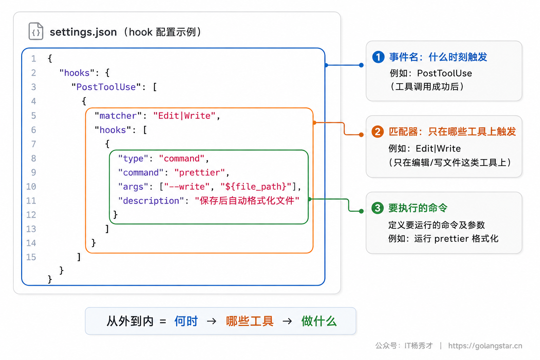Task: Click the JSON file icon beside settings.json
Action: pyautogui.click(x=36, y=31)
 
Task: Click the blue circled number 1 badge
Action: pyautogui.click(x=378, y=57)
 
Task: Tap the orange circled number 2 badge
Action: pyautogui.click(x=378, y=131)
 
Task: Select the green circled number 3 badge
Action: pyautogui.click(x=378, y=208)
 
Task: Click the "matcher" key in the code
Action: pyautogui.click(x=118, y=116)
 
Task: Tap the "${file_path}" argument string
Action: pyautogui.click(x=256, y=186)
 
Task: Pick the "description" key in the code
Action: pyautogui.click(x=151, y=201)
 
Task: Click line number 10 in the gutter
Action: pyautogui.click(x=31, y=186)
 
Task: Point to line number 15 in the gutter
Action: pyautogui.click(x=31, y=257)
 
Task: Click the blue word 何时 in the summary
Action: pyautogui.click(x=186, y=321)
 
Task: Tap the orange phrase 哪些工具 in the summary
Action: pyautogui.click(x=250, y=321)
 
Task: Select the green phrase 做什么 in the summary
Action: pyautogui.click(x=319, y=321)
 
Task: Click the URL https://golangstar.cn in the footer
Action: pyautogui.click(x=485, y=346)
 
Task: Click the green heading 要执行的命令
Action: pyautogui.click(x=418, y=208)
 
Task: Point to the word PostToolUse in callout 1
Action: pyautogui.click(x=444, y=73)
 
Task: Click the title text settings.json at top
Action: pyautogui.click(x=83, y=32)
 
